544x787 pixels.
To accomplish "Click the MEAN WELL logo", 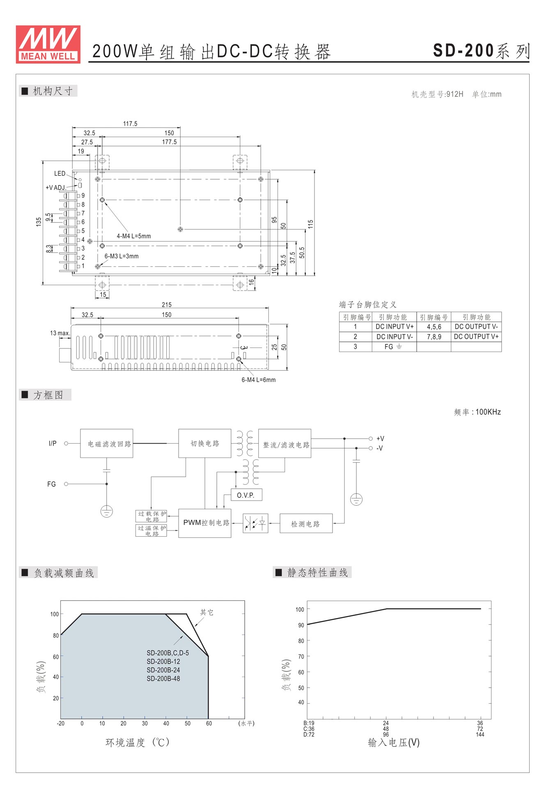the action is (48, 44).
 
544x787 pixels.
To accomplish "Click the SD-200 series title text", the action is (482, 51).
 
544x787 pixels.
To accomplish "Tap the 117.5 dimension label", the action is (130, 124).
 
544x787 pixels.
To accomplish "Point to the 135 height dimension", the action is (39, 222).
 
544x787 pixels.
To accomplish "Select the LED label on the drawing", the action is (60, 174).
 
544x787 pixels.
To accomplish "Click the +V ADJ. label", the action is (55, 188).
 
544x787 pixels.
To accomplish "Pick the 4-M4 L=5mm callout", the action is (134, 236).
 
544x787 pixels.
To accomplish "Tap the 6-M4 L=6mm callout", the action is (259, 380).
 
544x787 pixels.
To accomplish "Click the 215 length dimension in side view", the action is (167, 304).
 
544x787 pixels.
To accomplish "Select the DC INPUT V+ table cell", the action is (395, 327).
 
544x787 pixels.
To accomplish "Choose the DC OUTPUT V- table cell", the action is (476, 327).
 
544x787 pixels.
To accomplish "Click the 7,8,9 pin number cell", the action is (434, 336).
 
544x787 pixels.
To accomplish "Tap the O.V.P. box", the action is (246, 495).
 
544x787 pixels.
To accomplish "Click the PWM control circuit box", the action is (205, 523).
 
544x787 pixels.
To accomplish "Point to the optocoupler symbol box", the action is (255, 523).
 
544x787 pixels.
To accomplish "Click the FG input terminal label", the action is (51, 484).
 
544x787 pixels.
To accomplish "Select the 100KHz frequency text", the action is (488, 412).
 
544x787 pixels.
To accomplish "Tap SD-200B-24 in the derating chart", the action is (163, 670).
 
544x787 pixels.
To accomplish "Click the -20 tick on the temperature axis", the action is (61, 723).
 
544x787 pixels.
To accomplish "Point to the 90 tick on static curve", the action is (301, 625).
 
